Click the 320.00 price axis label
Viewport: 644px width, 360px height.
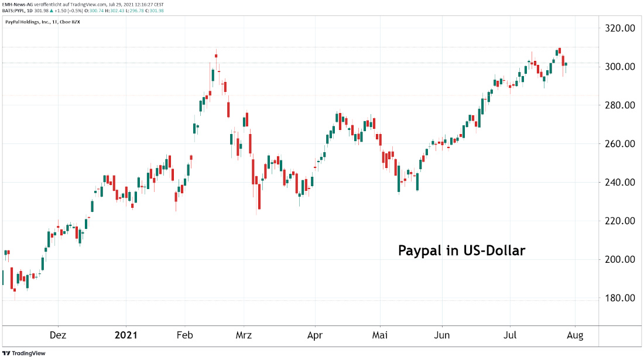click(620, 28)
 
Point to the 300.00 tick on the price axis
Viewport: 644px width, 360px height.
click(620, 67)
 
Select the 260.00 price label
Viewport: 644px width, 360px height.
click(620, 144)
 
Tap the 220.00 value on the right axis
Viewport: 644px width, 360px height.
click(620, 221)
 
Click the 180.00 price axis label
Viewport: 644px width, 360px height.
click(620, 299)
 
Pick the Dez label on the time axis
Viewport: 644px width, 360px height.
click(58, 335)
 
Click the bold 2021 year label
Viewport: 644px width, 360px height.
click(126, 335)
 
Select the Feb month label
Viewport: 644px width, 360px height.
click(185, 335)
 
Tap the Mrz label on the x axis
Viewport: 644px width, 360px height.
click(244, 335)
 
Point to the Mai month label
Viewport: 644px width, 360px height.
click(381, 335)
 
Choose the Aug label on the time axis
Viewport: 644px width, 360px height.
click(575, 335)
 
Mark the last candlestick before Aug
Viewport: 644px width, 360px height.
click(566, 64)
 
